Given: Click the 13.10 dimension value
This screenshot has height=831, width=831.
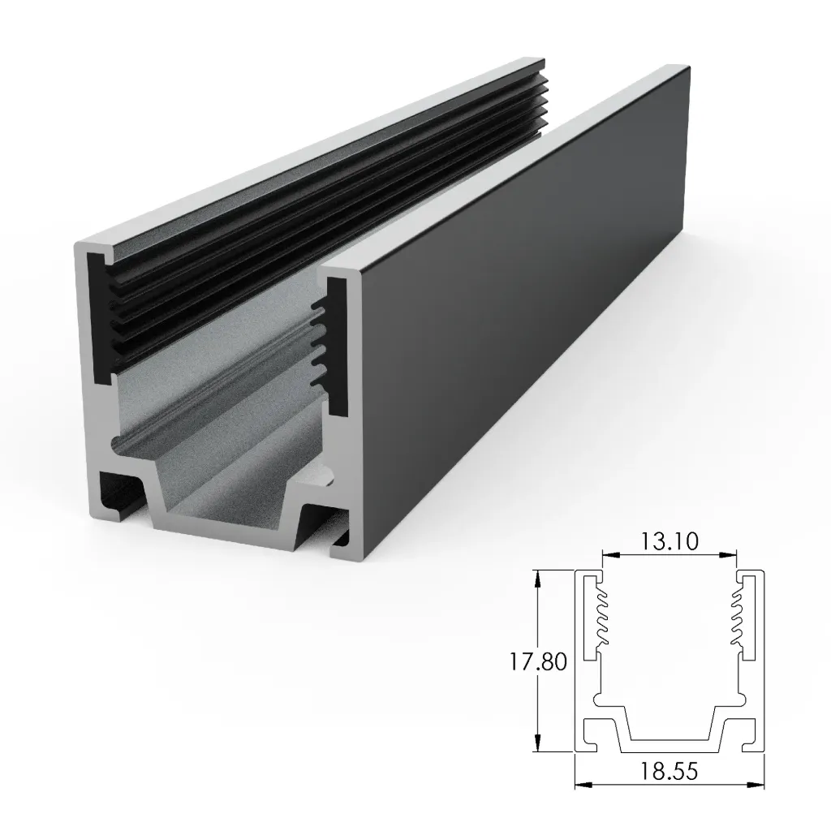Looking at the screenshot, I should tap(670, 541).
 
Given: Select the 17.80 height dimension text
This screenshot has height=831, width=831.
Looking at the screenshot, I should tap(537, 661).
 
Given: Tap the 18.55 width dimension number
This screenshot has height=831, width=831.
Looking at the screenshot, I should tap(670, 771).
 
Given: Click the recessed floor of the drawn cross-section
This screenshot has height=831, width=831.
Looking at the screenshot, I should tap(670, 744).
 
